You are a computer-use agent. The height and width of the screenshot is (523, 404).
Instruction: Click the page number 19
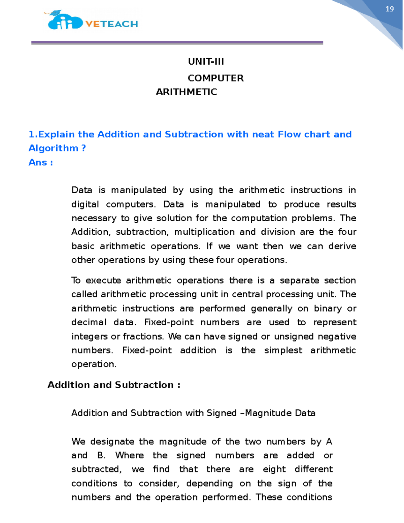pos(390,9)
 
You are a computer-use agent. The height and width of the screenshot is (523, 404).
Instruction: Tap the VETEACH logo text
pos(111,24)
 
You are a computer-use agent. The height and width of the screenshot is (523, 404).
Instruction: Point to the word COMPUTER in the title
pos(215,78)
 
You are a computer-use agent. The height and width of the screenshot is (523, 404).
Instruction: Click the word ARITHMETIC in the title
pos(186,92)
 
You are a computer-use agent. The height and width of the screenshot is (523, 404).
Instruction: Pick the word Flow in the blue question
pos(290,134)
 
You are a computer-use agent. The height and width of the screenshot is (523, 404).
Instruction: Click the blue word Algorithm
pos(53,148)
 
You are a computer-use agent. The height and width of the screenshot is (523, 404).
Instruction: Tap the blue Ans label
pos(38,162)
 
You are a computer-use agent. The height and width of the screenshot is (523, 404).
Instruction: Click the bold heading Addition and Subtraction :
pos(114,385)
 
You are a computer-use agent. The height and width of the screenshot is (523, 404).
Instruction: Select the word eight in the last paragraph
pos(274,469)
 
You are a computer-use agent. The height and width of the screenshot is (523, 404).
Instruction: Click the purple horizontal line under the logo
pos(177,43)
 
